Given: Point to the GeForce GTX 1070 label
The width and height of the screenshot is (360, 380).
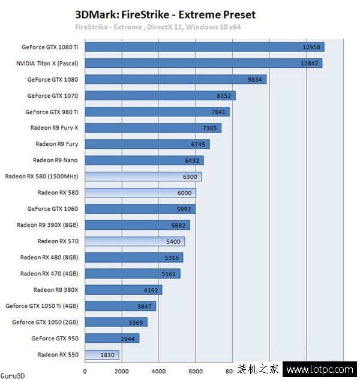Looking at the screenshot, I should click(x=52, y=95).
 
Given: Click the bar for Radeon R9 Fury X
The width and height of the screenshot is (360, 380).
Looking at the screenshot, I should click(x=153, y=128).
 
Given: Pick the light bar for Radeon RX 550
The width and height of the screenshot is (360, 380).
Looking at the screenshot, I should click(x=102, y=355).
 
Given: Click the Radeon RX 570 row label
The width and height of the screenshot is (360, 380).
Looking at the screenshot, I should click(x=58, y=241).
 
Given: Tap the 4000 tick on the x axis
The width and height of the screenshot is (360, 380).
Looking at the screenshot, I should click(x=158, y=371).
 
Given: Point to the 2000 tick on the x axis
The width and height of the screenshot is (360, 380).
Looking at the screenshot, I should click(x=121, y=371).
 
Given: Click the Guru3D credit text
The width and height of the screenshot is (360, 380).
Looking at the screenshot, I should click(x=13, y=375).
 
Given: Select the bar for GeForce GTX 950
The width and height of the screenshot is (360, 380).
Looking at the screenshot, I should click(x=112, y=339).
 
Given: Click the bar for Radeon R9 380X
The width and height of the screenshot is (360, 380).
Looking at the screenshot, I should click(x=124, y=290).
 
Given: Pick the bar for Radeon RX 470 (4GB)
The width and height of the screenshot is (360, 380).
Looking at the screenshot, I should click(x=133, y=274).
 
